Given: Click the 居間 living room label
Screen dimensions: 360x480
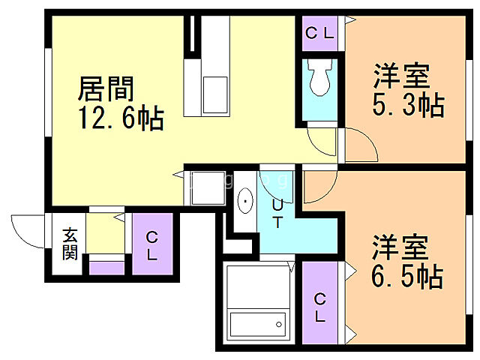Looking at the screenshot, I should (x=106, y=89).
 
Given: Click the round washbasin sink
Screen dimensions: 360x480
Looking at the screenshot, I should (x=245, y=202).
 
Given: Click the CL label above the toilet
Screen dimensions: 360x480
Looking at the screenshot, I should (x=322, y=33).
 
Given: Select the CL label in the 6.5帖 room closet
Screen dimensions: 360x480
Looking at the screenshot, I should (x=321, y=307).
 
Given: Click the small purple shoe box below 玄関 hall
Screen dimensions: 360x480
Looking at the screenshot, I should (x=106, y=266).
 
